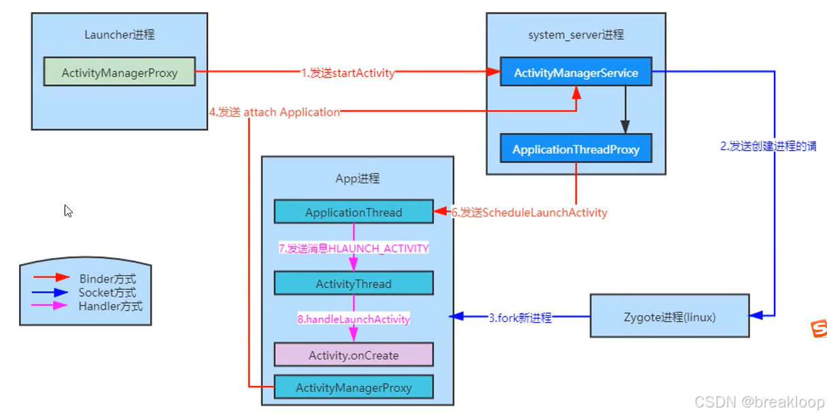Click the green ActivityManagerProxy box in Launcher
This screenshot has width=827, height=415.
pyautogui.click(x=119, y=72)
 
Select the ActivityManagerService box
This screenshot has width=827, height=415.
pyautogui.click(x=575, y=72)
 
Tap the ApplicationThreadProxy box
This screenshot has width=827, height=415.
pyautogui.click(x=575, y=149)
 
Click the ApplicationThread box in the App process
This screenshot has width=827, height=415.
pyautogui.click(x=353, y=212)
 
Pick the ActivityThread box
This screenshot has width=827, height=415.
pyautogui.click(x=353, y=283)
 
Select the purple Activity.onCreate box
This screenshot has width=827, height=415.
pyautogui.click(x=353, y=355)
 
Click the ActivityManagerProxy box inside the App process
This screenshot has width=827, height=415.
pyautogui.click(x=353, y=387)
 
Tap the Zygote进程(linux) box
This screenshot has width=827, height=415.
pyautogui.click(x=669, y=316)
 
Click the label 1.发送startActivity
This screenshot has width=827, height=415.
pyautogui.click(x=348, y=73)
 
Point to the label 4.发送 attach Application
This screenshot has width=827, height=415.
pyautogui.click(x=275, y=112)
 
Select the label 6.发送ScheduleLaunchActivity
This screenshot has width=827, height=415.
pyautogui.click(x=529, y=213)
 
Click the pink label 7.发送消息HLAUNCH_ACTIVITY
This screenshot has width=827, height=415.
pyautogui.click(x=354, y=249)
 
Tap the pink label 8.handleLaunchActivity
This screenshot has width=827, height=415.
pyautogui.click(x=354, y=319)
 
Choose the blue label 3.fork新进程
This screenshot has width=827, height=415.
pyautogui.click(x=520, y=317)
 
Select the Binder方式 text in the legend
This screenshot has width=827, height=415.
pyautogui.click(x=107, y=278)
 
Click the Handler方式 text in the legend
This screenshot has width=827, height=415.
pyautogui.click(x=110, y=306)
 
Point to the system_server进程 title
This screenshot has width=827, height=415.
pyautogui.click(x=575, y=34)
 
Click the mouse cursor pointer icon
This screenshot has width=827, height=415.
pyautogui.click(x=68, y=211)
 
